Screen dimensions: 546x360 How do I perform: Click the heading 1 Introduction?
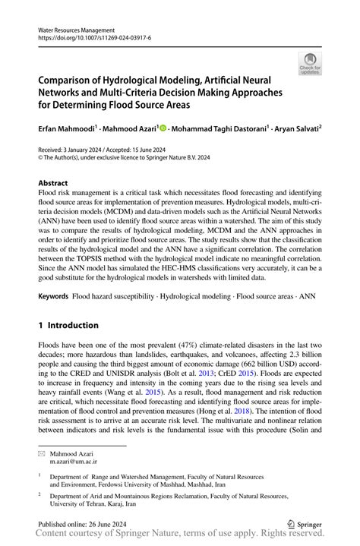[68, 325]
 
